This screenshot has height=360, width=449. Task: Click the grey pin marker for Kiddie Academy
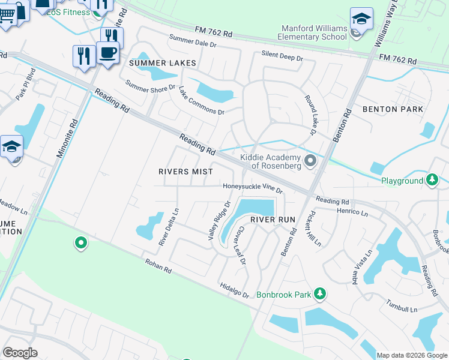[310, 160]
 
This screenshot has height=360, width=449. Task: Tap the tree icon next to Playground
[432, 179]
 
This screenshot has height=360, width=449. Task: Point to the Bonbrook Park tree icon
[321, 293]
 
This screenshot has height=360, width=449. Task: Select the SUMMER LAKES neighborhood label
[154, 63]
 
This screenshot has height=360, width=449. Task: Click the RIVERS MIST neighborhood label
[185, 171]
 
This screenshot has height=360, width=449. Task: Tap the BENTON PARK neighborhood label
[393, 109]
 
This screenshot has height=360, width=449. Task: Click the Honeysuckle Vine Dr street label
[253, 187]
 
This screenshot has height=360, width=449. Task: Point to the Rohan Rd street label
[158, 266]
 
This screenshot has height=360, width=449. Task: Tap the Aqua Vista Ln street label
[359, 267]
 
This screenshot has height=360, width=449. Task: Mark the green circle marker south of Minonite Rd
[80, 243]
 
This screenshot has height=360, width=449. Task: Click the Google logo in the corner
[20, 353]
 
